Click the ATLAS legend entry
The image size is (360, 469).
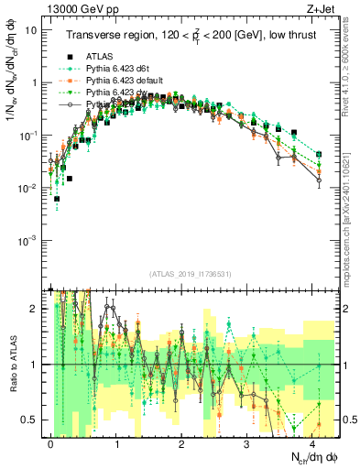tap(100, 57)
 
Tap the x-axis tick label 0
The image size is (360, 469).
tap(51, 442)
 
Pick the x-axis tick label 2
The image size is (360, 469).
tap(182, 442)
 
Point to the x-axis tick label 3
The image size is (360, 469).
tap(247, 442)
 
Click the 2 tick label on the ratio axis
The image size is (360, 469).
tap(37, 309)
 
